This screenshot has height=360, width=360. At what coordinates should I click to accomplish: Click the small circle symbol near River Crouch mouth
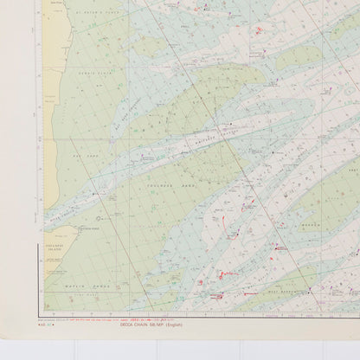(98, 218)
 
